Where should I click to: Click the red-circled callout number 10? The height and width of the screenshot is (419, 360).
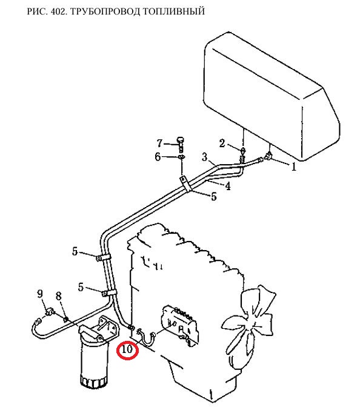coord(127,349)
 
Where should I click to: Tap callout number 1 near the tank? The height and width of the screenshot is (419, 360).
coord(294,167)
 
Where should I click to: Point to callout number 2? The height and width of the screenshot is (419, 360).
coord(222,144)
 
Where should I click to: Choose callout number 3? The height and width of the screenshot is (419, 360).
coord(205,157)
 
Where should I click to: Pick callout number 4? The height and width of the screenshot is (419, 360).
coord(228,186)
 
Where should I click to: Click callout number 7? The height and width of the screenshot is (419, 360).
coord(159,144)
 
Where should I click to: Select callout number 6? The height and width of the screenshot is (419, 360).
coord(158,157)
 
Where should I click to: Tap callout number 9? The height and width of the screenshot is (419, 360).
coord(40,294)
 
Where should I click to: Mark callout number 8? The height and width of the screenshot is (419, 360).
coord(59,296)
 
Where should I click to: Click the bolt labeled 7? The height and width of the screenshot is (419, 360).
coord(181,144)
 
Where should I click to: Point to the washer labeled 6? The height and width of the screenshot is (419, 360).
coord(182,157)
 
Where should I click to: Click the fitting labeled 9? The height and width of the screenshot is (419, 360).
coord(50,312)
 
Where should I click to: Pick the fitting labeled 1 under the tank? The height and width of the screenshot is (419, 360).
coord(268,156)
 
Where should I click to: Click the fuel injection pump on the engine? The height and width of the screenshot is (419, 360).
coord(180,325)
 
